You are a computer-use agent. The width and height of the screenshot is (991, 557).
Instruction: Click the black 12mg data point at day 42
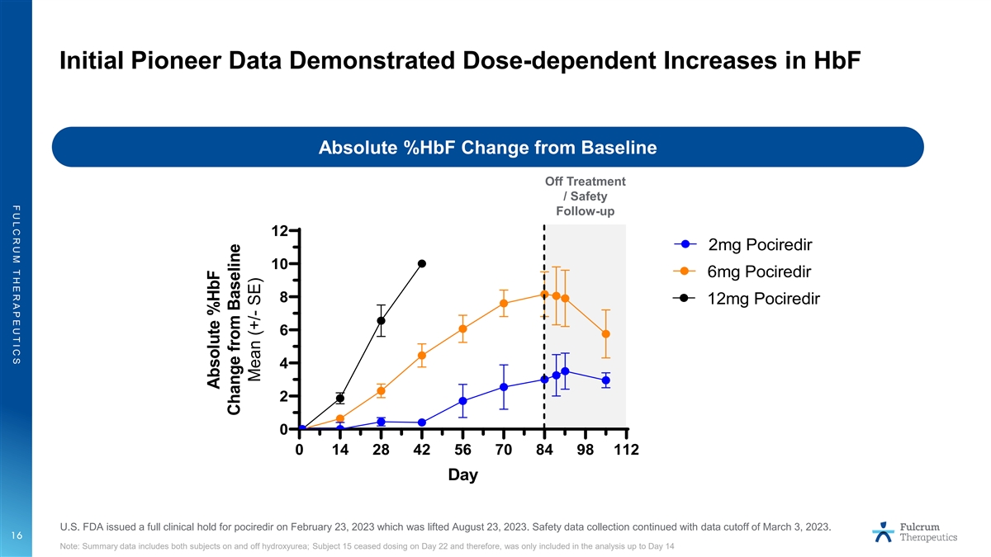422,263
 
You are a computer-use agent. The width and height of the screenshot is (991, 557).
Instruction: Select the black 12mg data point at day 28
381,320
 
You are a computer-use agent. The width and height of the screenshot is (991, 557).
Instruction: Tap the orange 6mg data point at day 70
504,303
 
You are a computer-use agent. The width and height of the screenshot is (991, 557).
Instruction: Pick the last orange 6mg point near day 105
606,333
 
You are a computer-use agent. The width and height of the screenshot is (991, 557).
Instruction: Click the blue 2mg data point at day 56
462,401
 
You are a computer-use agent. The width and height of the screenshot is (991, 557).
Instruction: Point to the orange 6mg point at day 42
422,356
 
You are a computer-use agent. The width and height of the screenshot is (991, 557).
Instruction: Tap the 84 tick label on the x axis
544,450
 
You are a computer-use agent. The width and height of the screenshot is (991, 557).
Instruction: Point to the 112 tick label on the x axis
626,450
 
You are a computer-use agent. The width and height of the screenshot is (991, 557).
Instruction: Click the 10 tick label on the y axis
280,264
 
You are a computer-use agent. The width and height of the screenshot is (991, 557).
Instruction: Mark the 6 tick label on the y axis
283,330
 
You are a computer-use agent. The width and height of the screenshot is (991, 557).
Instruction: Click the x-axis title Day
462,475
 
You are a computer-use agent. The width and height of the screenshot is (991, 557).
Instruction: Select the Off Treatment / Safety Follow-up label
585,196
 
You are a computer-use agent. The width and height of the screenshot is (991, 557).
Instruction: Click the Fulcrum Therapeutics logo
915,531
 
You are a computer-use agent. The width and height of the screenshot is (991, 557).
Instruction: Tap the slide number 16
16,536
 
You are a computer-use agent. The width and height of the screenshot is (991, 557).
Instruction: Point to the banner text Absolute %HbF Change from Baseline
487,148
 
